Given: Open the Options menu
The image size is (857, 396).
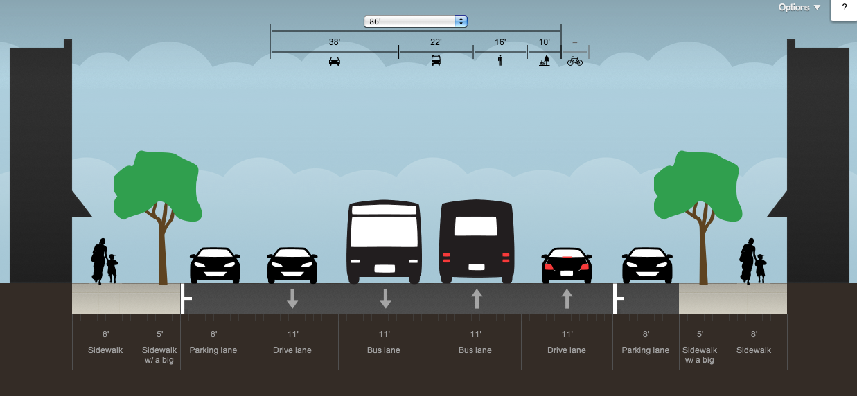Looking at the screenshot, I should [799, 8].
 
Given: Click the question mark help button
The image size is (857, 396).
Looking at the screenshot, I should [844, 8].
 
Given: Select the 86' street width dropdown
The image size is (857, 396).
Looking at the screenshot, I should [416, 21].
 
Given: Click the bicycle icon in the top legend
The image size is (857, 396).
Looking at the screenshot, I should [575, 61].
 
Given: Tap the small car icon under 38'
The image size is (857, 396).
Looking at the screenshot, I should [335, 61].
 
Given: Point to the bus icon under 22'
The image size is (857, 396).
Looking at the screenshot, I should [436, 60].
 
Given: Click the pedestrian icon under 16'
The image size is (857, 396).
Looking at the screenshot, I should [500, 61].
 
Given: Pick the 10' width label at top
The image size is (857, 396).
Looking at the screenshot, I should [544, 42].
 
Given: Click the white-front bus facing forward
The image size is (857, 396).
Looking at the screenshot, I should [385, 242].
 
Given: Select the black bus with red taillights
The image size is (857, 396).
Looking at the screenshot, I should [476, 242].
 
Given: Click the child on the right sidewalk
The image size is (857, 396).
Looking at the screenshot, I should [761, 269].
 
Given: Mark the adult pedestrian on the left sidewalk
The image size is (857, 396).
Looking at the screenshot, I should [100, 261].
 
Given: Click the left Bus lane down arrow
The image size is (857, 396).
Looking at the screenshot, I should [385, 298].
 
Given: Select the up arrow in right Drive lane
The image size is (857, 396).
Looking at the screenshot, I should [567, 298].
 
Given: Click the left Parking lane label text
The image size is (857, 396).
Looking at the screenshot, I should [213, 350].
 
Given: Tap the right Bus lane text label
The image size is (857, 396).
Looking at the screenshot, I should [475, 350].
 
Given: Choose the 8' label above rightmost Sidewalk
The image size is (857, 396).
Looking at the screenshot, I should [754, 335].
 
